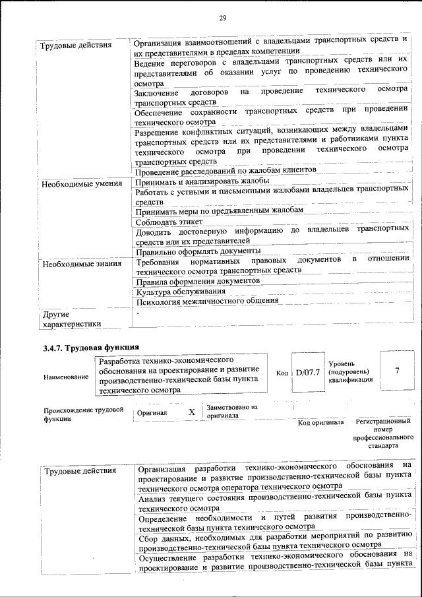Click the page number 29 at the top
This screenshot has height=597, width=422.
point(222,17)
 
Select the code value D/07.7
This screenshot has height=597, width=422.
point(307,373)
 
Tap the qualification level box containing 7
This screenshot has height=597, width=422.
point(396,371)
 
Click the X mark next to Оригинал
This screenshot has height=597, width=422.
point(192,412)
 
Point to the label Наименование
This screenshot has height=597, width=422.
point(66,377)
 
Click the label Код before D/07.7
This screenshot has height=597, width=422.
point(282,373)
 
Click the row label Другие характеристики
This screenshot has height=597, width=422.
point(71,319)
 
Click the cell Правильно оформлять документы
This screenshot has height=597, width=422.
point(198,251)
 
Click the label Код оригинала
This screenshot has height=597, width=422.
point(320,422)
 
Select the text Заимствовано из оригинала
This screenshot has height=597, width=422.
point(231,412)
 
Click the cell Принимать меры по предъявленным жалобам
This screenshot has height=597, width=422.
point(219,211)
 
